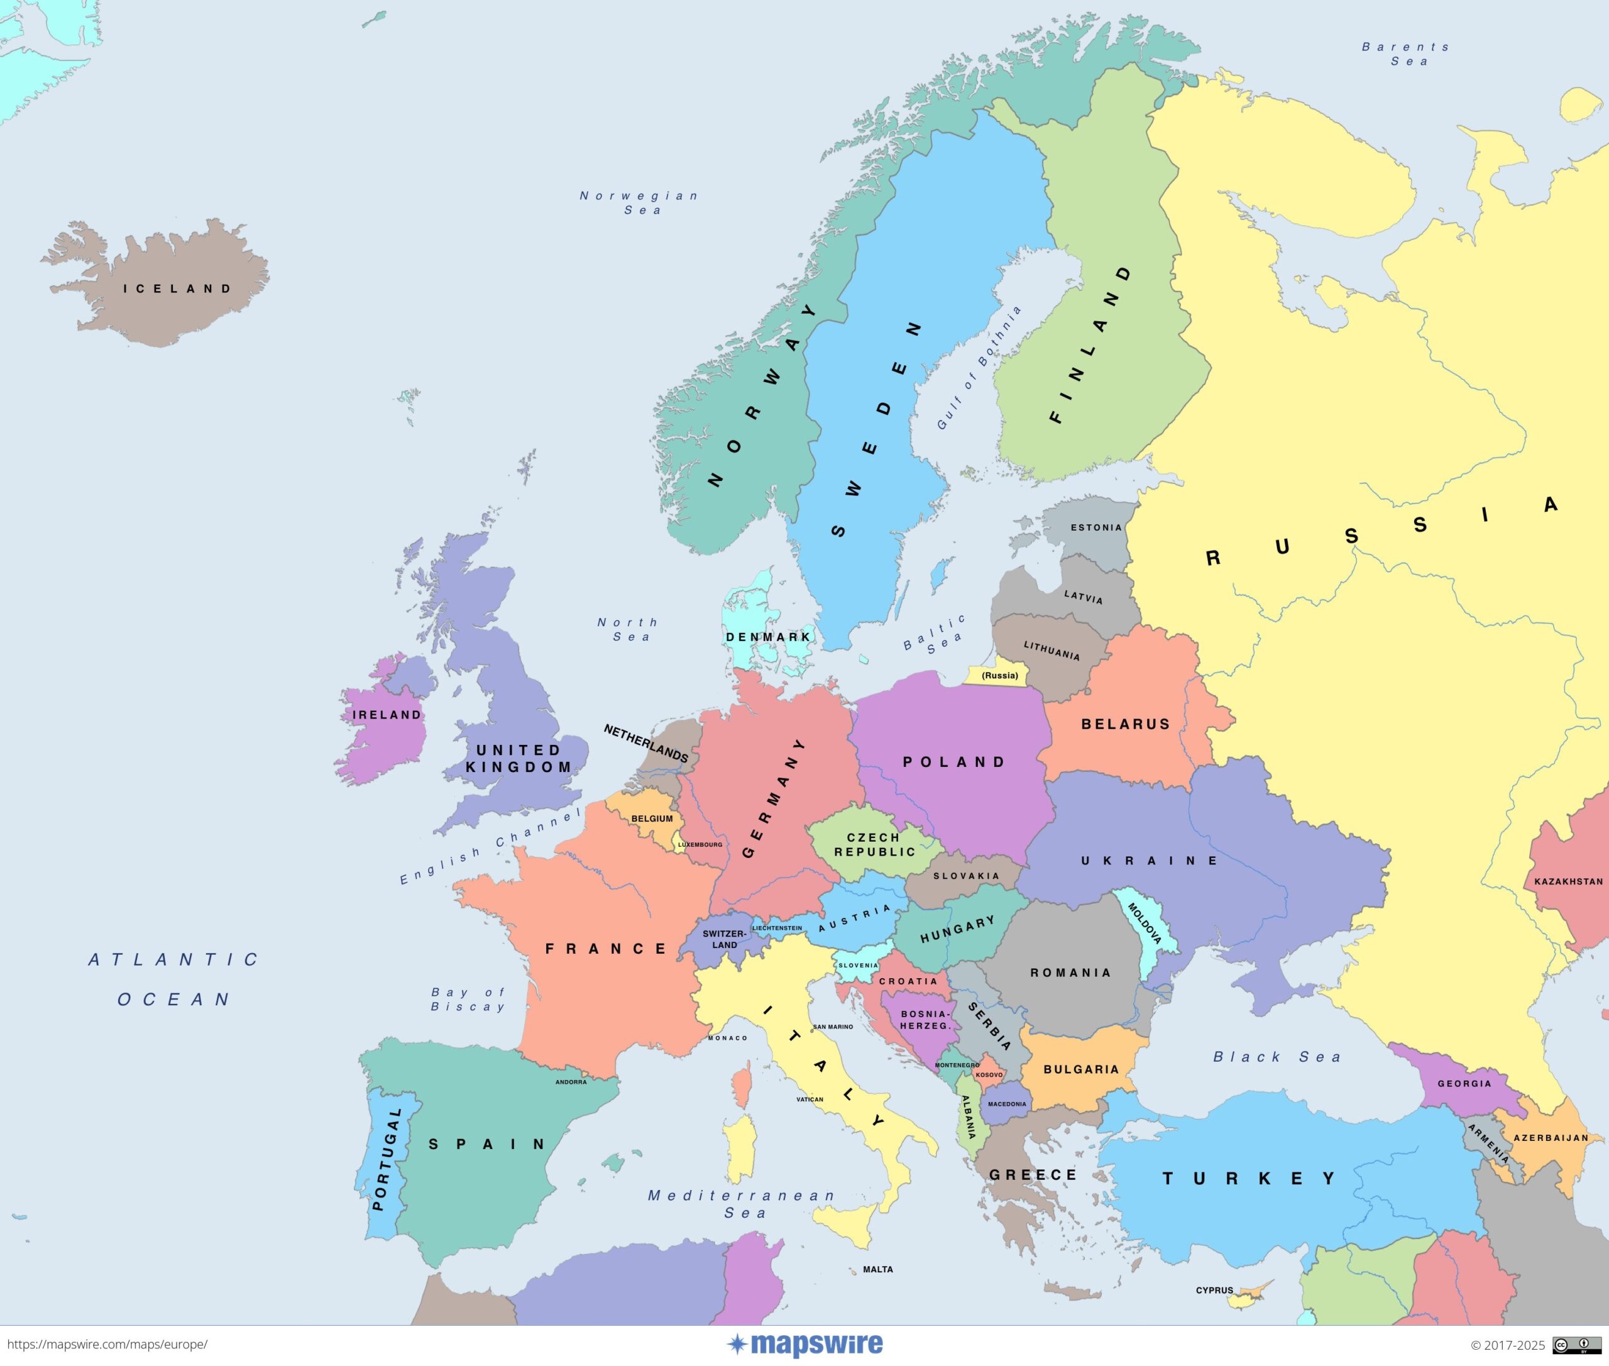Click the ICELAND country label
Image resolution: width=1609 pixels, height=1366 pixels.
177,289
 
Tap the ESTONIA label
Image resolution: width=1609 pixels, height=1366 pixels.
1096,527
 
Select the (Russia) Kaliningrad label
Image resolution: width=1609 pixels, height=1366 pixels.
999,675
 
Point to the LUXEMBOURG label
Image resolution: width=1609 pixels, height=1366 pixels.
700,844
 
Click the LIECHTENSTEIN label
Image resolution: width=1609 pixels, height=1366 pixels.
777,928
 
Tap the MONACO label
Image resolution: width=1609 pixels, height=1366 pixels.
728,1038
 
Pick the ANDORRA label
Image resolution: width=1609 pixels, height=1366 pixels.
571,1082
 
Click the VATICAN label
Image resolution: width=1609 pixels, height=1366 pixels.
810,1099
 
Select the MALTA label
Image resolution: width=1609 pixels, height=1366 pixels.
878,1269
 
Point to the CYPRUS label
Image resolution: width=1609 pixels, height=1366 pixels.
1214,1290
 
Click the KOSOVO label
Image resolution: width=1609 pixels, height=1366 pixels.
989,1075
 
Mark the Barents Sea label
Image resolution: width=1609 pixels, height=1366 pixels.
1405,54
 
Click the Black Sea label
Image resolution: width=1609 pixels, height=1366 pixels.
1276,1057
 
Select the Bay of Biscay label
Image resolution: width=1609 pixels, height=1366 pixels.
468,999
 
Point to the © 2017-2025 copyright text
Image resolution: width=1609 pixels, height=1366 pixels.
1507,1346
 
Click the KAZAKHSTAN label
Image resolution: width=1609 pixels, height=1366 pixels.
1568,881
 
